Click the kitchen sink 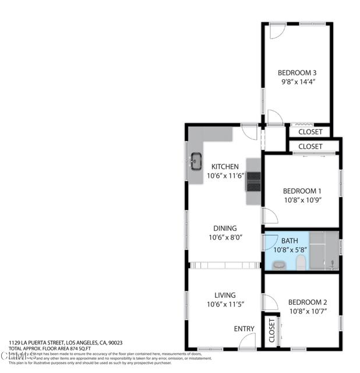point(196,159)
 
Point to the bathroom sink point(278,265)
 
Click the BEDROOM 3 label point(297,73)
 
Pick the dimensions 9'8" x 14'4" point(297,83)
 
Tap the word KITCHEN point(225,166)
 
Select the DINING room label point(224,228)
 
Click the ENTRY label point(244,329)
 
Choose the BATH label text point(290,240)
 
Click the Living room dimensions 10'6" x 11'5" point(224,305)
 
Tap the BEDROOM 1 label point(302,191)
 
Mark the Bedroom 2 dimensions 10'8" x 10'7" point(308,312)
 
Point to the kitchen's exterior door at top point(250,132)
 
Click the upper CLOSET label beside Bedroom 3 point(310,132)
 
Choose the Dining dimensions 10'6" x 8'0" point(224,237)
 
